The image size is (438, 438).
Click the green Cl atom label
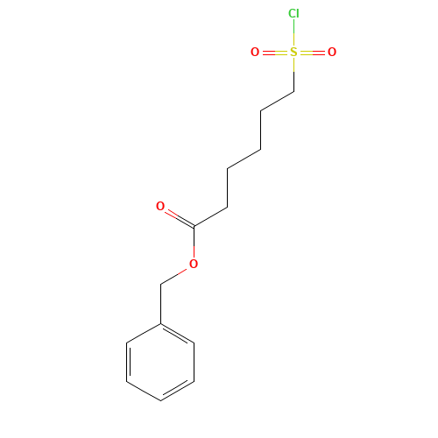coord(293,13)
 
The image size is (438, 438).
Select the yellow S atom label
coord(293,53)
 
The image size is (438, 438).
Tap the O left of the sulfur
coord(255,53)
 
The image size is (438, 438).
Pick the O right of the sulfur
coord(332,53)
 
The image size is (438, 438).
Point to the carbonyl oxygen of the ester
coord(160,206)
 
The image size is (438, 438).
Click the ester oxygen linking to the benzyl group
coord(194,264)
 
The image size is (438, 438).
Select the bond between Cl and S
coord(293,32)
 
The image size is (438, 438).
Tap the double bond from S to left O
coord(276,53)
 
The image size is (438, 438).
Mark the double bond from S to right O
coord(312,53)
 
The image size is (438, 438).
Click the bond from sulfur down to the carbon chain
coord(293,75)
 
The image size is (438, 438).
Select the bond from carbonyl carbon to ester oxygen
coord(194,242)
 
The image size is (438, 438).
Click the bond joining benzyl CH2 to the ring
coord(160,304)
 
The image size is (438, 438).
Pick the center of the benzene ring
coord(160,362)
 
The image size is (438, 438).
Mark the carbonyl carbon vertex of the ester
coord(194,226)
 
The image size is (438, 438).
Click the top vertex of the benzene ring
coord(160,323)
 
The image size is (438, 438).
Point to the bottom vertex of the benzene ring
coord(160,400)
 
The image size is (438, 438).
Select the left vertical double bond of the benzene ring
coord(128,362)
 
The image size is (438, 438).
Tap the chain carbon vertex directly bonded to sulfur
coord(293,92)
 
